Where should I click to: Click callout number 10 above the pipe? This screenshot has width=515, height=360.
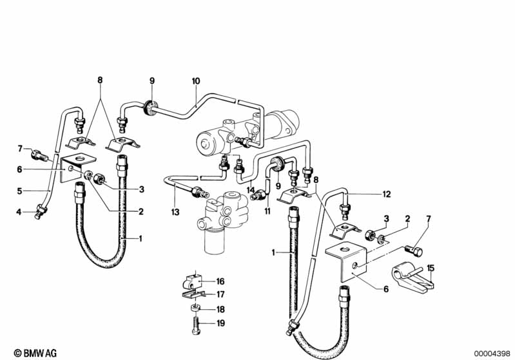196,81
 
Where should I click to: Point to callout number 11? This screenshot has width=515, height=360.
266,211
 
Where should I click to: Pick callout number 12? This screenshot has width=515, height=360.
387,194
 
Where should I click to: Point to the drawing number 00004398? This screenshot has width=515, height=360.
492,352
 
